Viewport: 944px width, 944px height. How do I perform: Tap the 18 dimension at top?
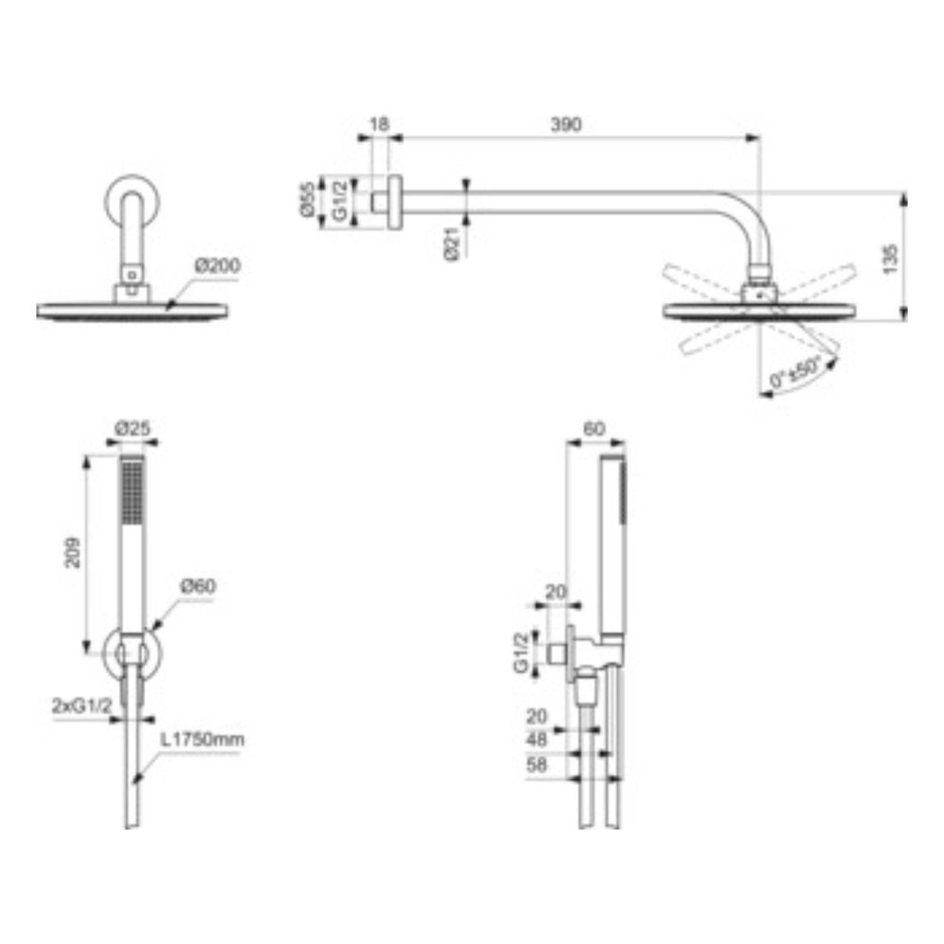379,124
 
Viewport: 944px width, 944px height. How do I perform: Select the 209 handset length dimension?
73,553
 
